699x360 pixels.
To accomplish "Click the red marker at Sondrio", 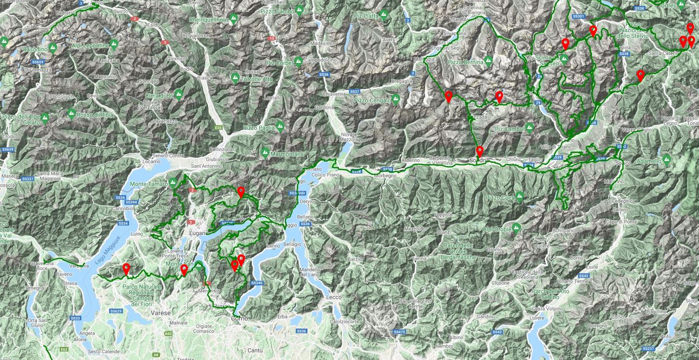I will click(x=480, y=151).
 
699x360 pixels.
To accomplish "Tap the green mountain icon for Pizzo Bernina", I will click(x=488, y=62).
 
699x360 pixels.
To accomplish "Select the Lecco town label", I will click(x=334, y=297).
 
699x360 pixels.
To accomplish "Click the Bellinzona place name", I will click(x=221, y=149).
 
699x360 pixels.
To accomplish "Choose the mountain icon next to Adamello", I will click(x=666, y=160).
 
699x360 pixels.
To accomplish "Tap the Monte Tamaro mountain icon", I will click(x=173, y=183).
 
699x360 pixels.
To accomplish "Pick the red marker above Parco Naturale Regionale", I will click(x=126, y=269).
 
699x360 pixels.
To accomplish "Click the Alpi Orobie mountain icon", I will click(x=517, y=228).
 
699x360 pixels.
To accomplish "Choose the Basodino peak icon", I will click(x=52, y=49).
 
